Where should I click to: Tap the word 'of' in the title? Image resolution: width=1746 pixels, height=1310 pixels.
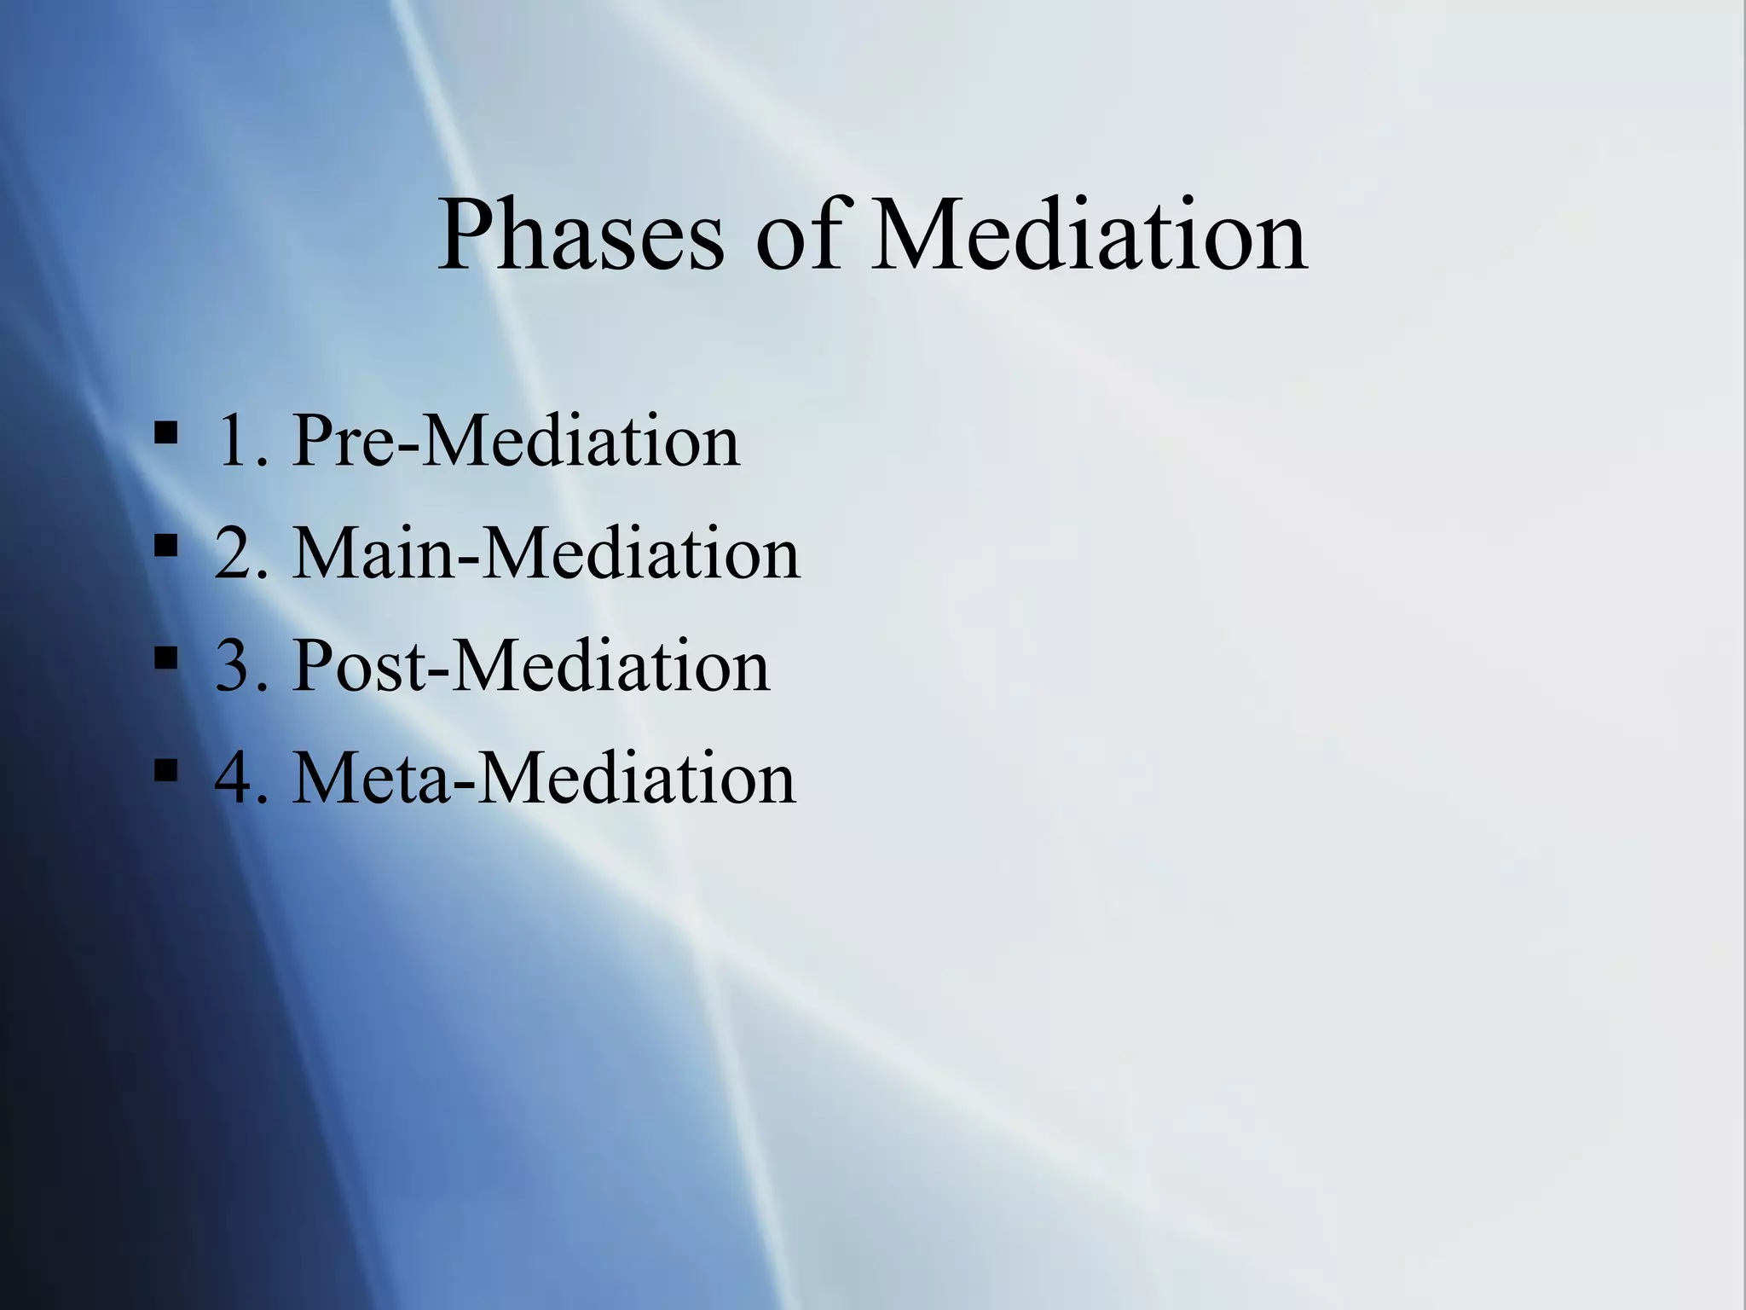point(798,235)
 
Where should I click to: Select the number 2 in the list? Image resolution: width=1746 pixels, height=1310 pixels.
point(236,554)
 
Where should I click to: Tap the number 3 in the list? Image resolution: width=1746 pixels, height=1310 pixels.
point(236,666)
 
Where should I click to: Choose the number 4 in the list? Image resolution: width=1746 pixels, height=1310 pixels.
point(236,779)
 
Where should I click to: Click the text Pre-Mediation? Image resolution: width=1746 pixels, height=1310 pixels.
point(516,441)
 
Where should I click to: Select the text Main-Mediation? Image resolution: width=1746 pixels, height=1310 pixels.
point(546,554)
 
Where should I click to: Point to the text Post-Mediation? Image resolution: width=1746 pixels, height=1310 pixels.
point(530,666)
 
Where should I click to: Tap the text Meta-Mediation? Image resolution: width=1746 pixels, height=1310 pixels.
point(543,779)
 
